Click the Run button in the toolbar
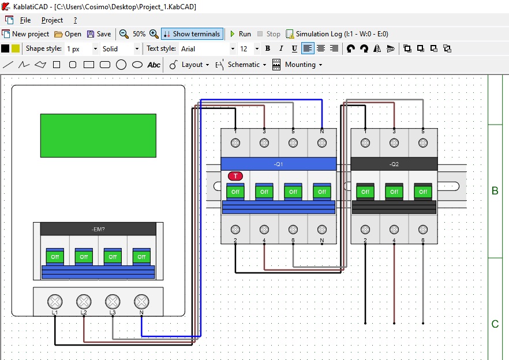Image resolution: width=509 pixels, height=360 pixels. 241,34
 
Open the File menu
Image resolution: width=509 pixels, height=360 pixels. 25,20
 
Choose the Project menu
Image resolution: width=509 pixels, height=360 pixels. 52,20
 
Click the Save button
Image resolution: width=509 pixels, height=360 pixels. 99,34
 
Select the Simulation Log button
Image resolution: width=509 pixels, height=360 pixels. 337,34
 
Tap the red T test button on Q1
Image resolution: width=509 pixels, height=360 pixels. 235,176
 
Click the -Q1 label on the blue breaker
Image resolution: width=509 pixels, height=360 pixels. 278,164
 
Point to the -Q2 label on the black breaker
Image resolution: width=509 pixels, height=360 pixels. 394,164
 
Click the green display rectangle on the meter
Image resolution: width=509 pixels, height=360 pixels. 98,136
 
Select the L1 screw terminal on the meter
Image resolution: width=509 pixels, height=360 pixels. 55,302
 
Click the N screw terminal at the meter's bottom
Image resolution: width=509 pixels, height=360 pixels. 141,302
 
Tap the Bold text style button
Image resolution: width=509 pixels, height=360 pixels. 268,48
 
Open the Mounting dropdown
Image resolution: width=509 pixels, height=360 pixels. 297,65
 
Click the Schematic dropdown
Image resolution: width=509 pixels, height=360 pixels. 241,65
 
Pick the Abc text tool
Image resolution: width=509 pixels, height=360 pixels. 154,65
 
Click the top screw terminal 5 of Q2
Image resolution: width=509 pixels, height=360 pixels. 422,143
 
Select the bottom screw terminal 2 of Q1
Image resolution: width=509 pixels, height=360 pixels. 235,230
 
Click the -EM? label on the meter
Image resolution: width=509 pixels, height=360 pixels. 98,229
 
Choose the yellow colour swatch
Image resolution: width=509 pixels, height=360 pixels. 16,48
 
